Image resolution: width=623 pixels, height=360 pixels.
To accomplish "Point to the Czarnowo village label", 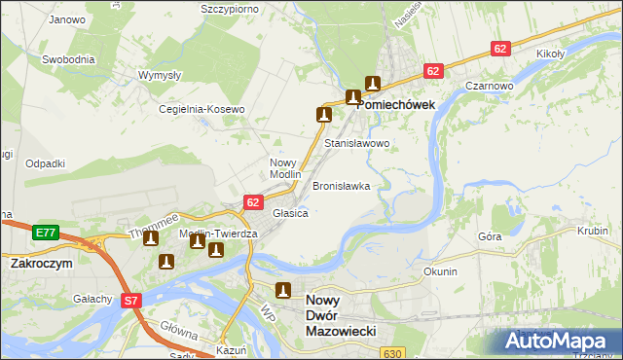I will coord(489,86).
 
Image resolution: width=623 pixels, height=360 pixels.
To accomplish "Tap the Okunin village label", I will coord(440,271).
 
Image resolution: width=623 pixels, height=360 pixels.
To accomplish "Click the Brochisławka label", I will coord(341,186).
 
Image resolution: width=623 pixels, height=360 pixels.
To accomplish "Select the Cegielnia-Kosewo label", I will coord(202,110).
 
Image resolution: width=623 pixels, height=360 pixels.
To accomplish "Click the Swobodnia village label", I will coord(68,59).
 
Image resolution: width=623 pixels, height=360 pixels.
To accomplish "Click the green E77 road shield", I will coord(44,233).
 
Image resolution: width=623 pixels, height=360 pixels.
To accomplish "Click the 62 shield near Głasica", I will coord(253,202).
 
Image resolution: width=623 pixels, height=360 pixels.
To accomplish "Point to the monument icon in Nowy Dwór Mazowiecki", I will coord(283,289).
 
